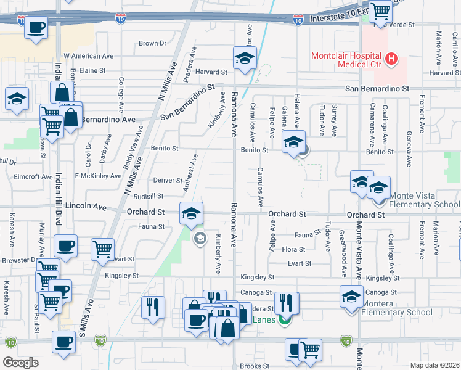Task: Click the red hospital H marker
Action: click(390, 59)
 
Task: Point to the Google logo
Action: click(20, 362)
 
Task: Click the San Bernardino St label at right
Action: click(377, 89)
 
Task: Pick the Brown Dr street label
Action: click(153, 43)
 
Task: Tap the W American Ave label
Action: click(89, 55)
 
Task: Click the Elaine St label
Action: click(93, 71)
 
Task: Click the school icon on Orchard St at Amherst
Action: click(191, 213)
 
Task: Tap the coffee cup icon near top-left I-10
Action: click(36, 27)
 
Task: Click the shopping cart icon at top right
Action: click(380, 10)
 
